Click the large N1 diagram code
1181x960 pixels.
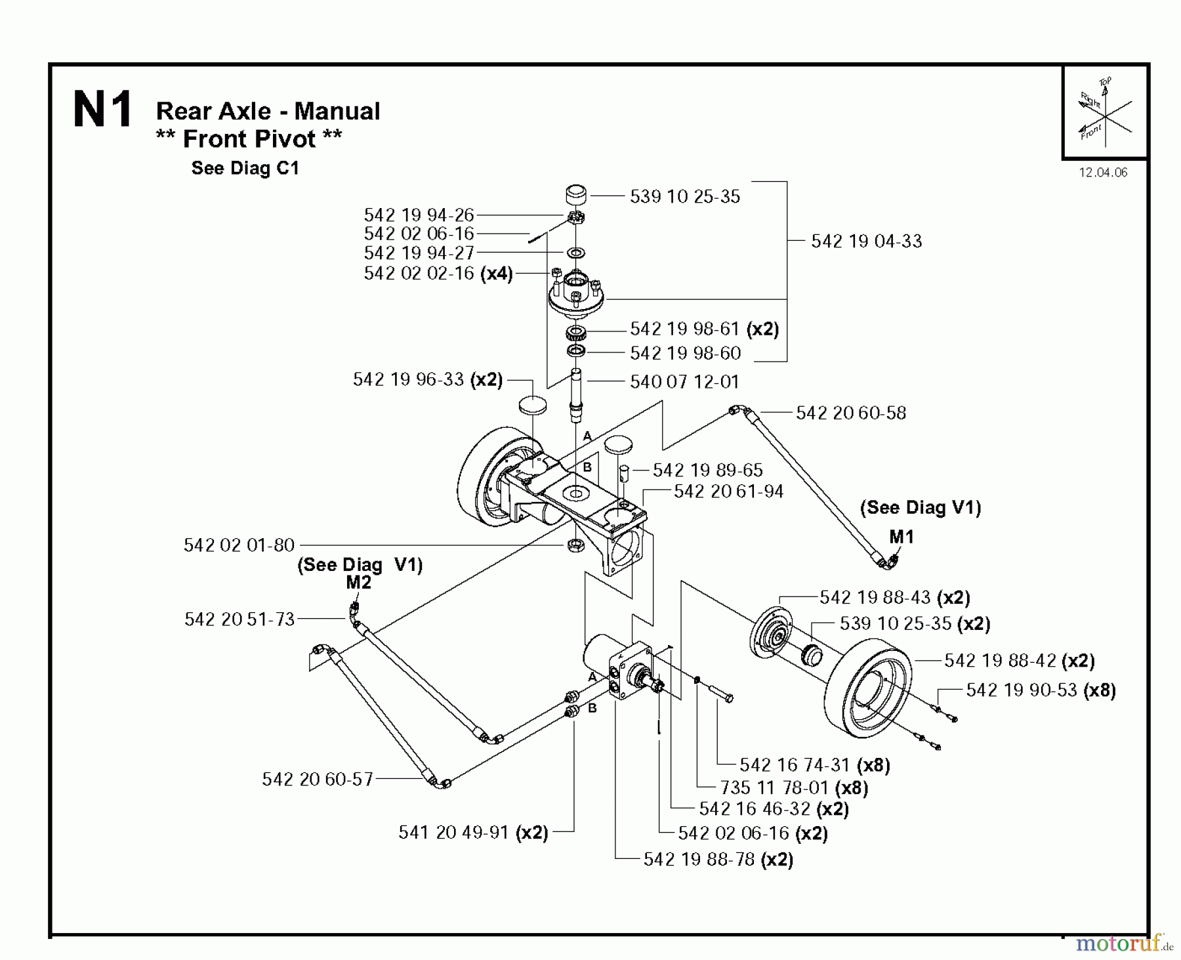[x=103, y=110]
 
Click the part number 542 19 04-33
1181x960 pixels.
[x=866, y=241]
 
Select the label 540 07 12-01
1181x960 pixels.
[x=684, y=382]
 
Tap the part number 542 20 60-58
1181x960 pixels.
[x=851, y=413]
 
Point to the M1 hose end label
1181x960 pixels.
[x=901, y=537]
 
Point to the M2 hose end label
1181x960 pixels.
[x=359, y=583]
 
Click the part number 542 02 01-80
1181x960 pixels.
[x=239, y=545]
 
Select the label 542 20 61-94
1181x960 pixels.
[x=728, y=491]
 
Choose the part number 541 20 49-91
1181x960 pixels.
[x=453, y=833]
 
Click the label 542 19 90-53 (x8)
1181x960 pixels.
[x=1041, y=690]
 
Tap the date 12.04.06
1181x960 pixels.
[x=1103, y=173]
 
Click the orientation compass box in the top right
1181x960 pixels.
[x=1105, y=112]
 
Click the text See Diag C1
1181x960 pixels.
[x=245, y=169]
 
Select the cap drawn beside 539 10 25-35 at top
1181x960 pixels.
[x=577, y=196]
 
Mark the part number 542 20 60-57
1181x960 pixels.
[x=318, y=780]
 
